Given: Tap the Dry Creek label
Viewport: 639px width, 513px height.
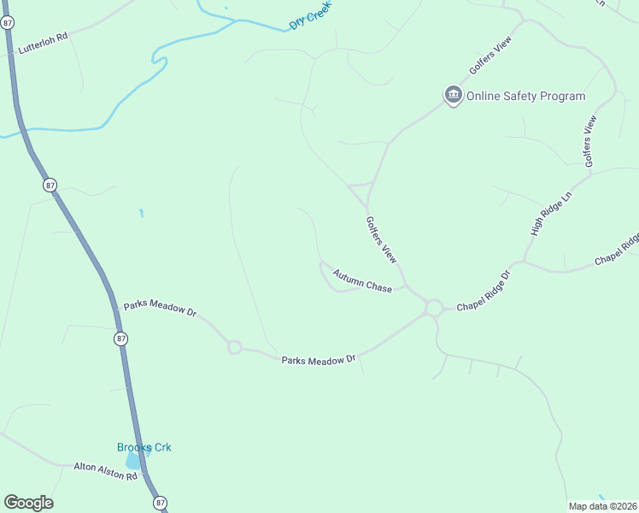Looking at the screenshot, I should click(x=308, y=16).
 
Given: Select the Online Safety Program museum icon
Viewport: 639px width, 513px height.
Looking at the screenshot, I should click(x=453, y=95).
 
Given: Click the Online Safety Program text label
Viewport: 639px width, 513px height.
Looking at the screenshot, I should click(x=525, y=96).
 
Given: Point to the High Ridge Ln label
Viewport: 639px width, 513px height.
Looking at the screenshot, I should click(x=549, y=215).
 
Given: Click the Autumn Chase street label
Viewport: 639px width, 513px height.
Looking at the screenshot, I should click(x=362, y=280).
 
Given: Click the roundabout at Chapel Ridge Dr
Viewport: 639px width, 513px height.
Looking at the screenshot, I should click(x=433, y=308).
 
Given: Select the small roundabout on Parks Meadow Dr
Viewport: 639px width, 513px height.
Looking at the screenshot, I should click(x=234, y=347).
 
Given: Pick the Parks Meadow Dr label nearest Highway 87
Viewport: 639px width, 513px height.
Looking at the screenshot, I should click(x=160, y=308).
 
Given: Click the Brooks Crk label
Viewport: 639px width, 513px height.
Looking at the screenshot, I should click(x=144, y=447).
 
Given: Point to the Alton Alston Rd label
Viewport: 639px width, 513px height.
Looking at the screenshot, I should click(x=105, y=470).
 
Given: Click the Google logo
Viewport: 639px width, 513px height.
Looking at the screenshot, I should click(x=28, y=503).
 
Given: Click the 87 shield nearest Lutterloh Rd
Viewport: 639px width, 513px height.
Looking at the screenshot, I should click(x=8, y=23).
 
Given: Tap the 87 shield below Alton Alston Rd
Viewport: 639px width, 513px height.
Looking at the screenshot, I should click(x=161, y=503).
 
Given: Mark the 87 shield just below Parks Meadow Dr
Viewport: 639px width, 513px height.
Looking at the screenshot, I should click(x=121, y=339).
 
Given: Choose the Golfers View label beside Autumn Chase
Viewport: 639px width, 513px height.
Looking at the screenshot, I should click(x=381, y=239).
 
